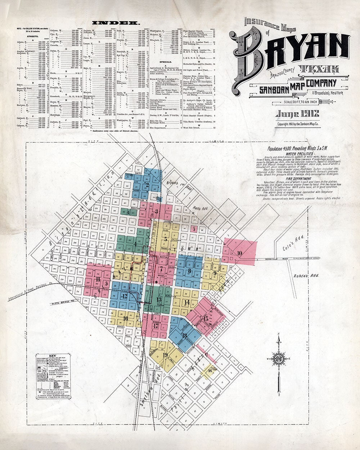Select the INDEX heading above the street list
(116, 23)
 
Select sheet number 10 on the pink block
(239, 253)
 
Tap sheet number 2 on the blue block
(148, 185)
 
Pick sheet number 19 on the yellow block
(166, 355)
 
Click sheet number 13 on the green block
(159, 299)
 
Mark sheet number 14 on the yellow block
(186, 302)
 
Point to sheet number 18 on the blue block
(184, 335)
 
